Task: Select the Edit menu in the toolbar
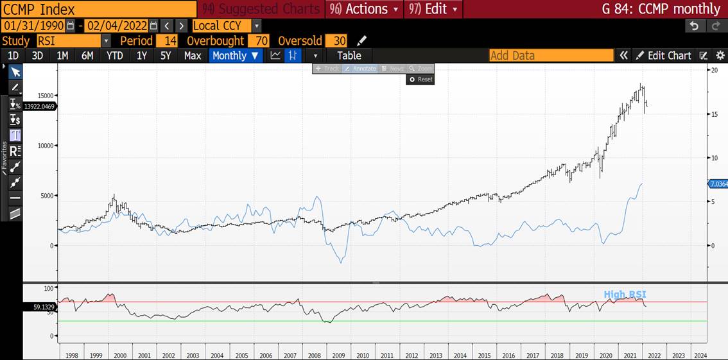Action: [434, 9]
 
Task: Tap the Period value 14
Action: [166, 40]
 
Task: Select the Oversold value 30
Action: [339, 40]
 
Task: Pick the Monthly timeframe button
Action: [236, 56]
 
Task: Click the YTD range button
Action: [114, 56]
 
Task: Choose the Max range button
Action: [193, 56]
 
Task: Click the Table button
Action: [349, 56]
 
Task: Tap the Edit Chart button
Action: [664, 56]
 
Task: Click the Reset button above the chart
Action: [421, 80]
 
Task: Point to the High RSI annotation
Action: [625, 295]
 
